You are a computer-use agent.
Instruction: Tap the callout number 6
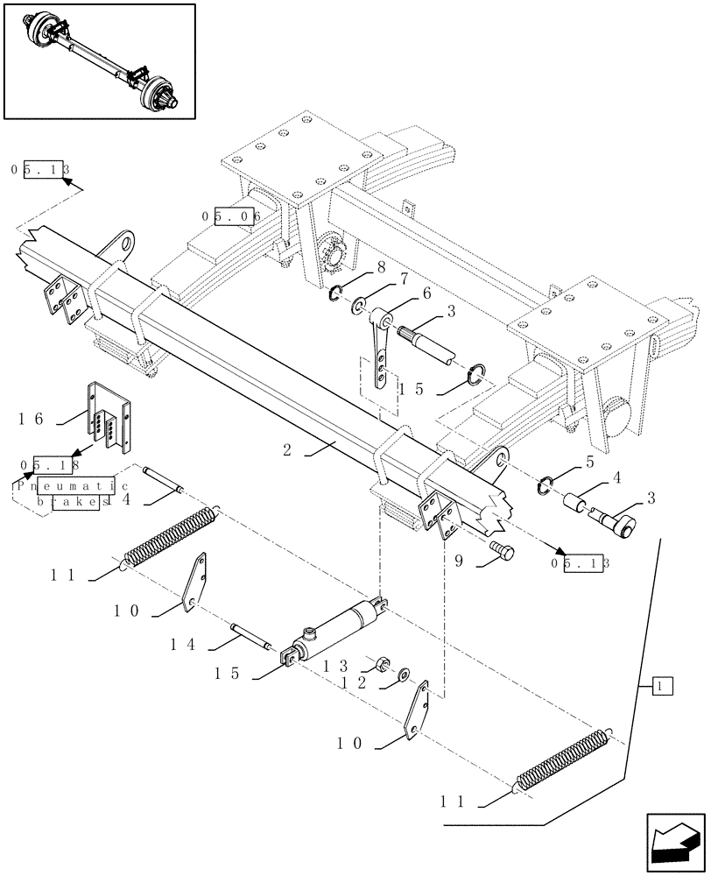tap(426, 293)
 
